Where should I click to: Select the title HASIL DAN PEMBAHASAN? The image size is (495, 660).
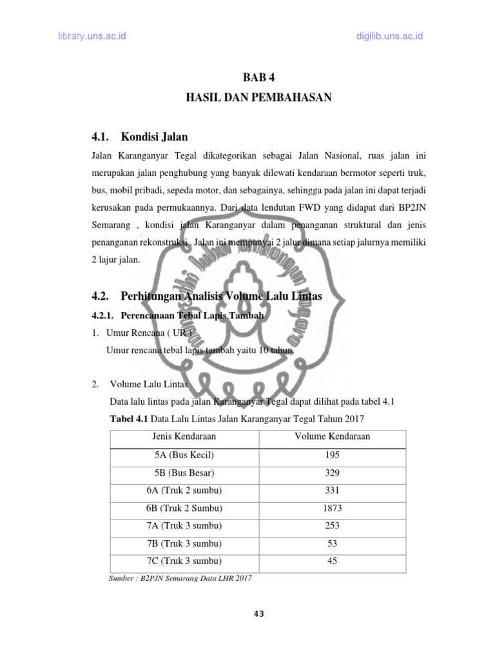[258, 98]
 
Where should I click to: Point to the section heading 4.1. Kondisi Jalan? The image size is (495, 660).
[140, 137]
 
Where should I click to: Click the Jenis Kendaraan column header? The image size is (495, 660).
[184, 436]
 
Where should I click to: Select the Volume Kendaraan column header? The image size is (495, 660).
[332, 436]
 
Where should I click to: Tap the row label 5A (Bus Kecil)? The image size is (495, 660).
[184, 455]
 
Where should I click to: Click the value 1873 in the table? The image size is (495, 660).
[332, 508]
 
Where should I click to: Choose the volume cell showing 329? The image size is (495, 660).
[332, 472]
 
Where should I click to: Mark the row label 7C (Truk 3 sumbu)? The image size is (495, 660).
[184, 561]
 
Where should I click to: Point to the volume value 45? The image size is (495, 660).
[332, 561]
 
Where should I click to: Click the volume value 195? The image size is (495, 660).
[332, 455]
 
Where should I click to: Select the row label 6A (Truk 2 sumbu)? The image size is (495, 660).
[184, 490]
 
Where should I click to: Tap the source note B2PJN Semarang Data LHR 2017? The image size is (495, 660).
[181, 578]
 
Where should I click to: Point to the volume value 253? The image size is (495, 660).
[332, 525]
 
